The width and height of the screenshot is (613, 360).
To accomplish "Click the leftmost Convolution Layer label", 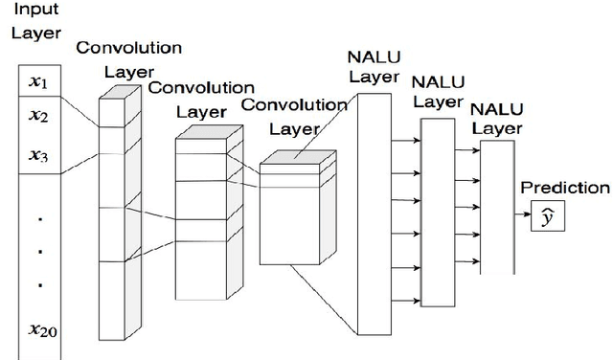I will click(128, 58).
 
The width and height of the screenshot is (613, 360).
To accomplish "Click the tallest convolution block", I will click(113, 220).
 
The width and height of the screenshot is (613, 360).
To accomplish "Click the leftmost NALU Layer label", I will click(373, 66).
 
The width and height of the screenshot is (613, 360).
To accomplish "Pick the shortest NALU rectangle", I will click(496, 206).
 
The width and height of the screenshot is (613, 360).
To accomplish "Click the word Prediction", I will click(564, 188).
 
